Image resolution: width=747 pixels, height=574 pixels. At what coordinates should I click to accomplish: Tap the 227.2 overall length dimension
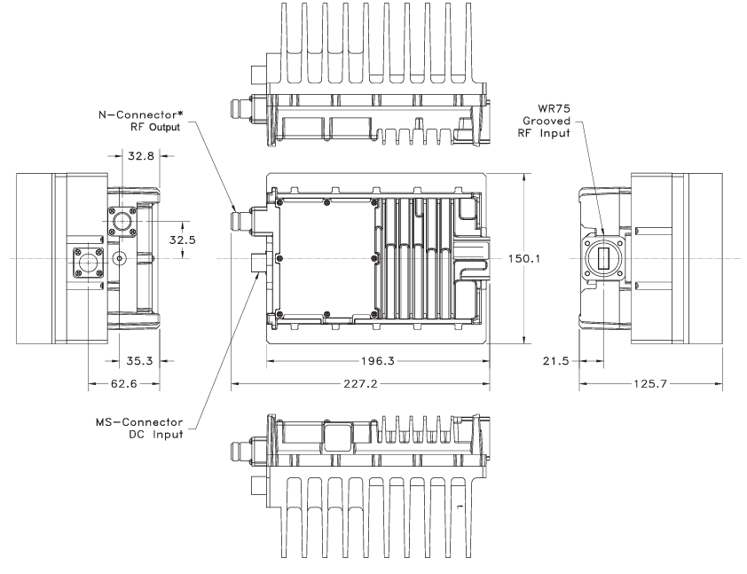point(358,385)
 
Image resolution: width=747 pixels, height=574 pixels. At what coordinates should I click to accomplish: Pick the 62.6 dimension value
point(123,385)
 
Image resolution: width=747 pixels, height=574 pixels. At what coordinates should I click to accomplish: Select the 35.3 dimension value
point(132,361)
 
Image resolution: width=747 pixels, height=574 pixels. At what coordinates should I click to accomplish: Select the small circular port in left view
point(119,258)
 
